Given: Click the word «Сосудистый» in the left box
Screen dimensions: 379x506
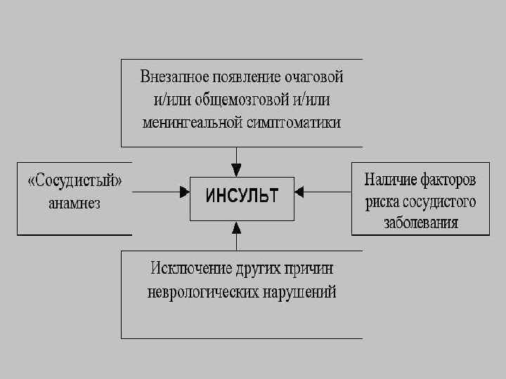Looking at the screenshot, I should point(74,181).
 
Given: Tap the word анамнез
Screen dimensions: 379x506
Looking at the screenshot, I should point(74,205).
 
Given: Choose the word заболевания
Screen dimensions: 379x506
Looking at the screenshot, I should point(421,224).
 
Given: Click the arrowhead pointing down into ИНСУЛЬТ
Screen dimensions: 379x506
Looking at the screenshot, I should point(237,170).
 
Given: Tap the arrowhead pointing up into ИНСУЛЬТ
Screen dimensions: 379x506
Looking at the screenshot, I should point(237,227).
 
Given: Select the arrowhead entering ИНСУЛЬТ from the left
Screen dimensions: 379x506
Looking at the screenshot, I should point(185,190).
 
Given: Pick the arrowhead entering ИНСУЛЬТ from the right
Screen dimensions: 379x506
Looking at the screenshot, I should point(299,190).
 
